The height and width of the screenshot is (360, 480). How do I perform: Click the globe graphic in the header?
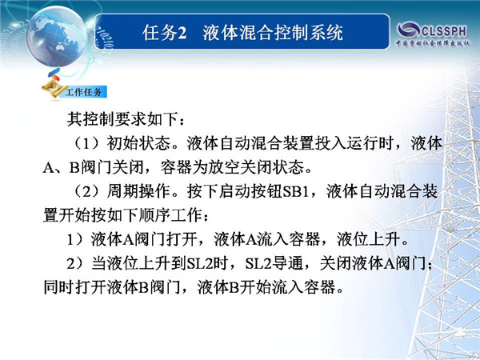pos(57,37)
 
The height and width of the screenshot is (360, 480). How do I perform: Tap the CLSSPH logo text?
pos(444,31)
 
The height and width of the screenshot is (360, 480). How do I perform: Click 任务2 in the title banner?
pos(164,33)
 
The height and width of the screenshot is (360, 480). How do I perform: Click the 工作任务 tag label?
pos(83,92)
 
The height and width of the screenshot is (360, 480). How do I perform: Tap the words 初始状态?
pos(138,143)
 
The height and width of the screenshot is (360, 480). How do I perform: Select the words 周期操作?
pos(138,192)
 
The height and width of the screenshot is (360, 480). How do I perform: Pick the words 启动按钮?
pos(251,192)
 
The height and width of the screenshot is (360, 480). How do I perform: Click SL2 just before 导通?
pos(258,264)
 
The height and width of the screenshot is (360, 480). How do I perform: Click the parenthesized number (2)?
pos(87,192)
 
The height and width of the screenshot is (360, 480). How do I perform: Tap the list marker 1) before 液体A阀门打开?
pos(75,240)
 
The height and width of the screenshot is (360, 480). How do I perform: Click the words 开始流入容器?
pos(288,288)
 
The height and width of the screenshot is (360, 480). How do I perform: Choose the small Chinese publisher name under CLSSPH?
pos(432,43)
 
